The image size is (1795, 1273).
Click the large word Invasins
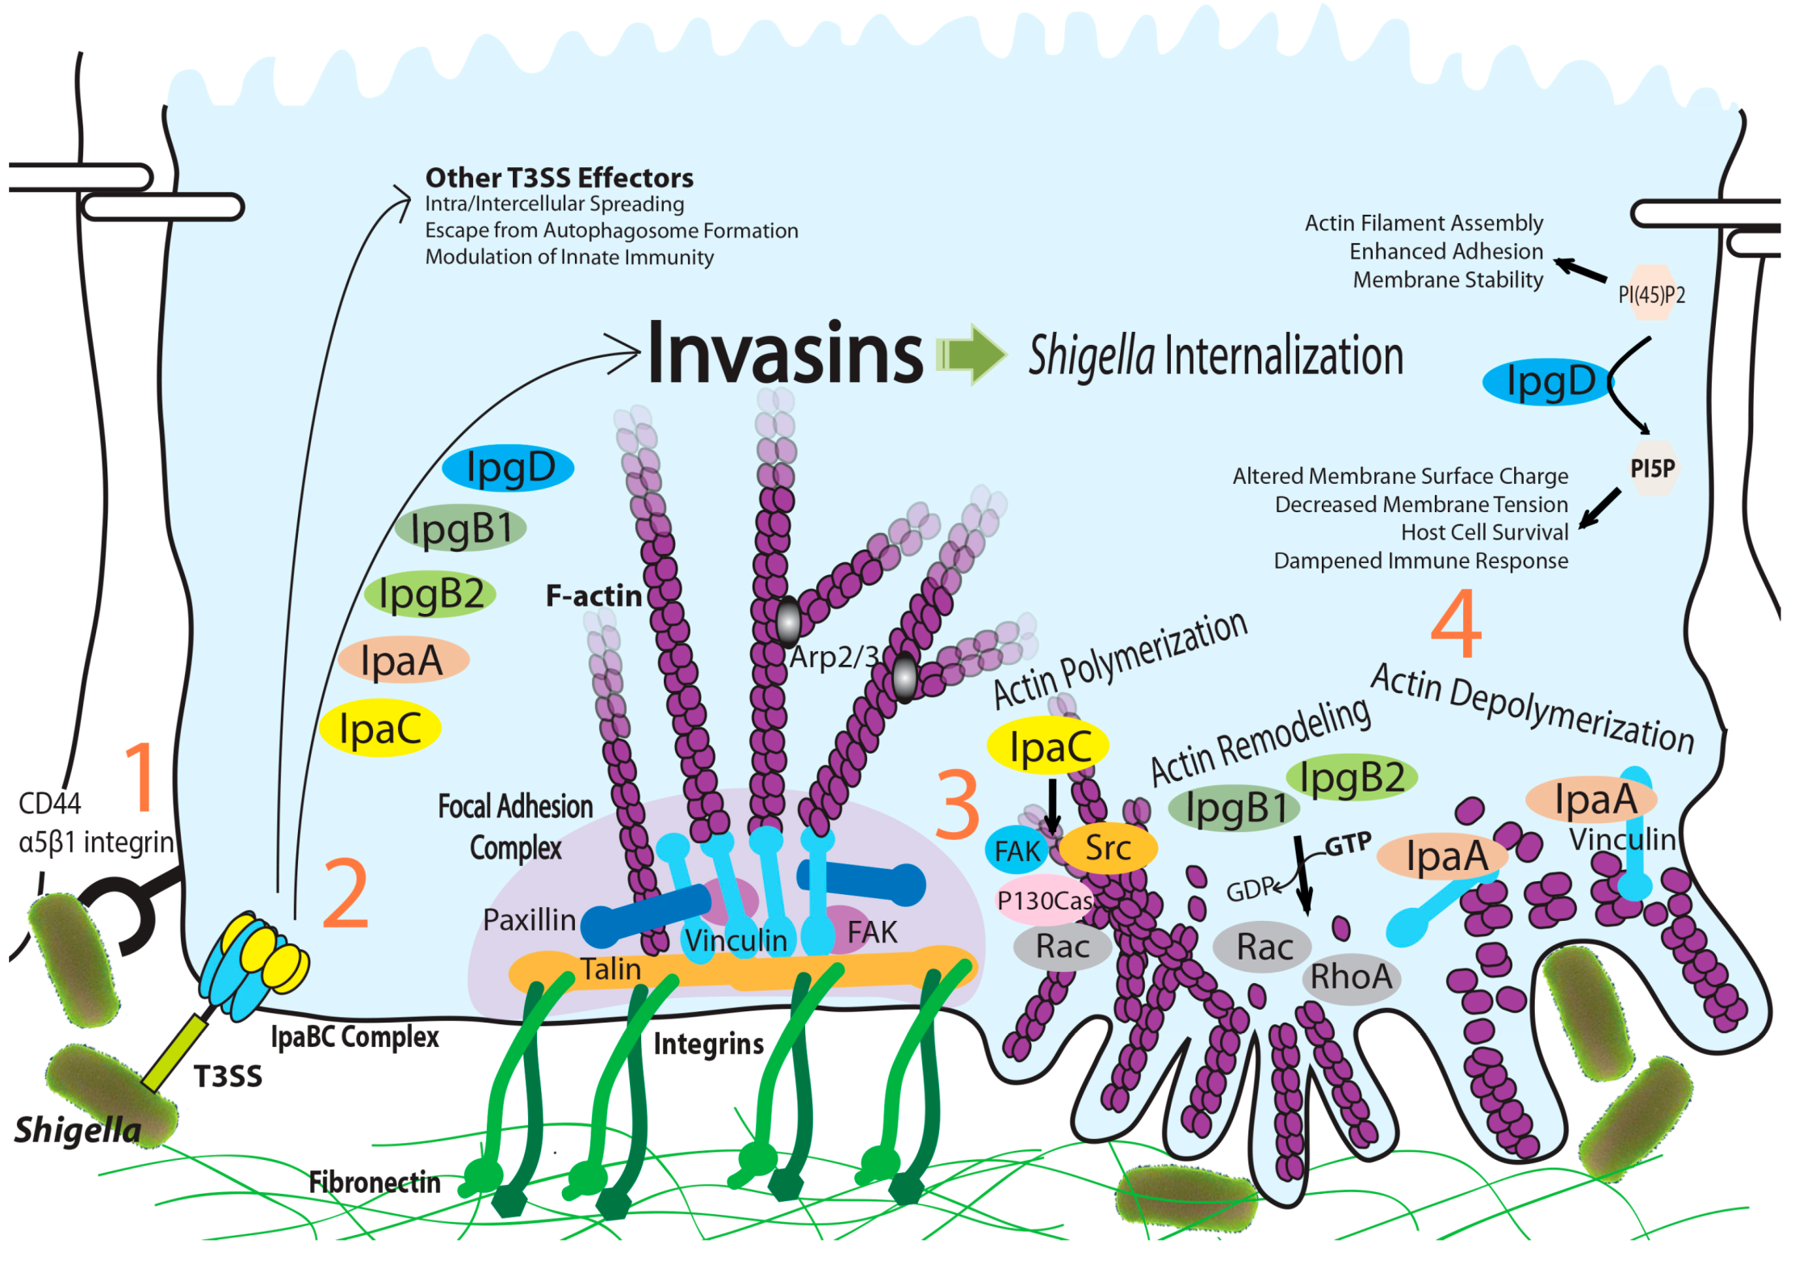point(784,354)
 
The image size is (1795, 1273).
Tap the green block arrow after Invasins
point(971,354)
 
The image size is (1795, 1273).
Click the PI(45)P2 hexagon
point(1651,293)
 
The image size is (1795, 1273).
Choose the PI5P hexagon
point(1652,468)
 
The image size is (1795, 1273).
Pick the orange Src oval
point(1108,848)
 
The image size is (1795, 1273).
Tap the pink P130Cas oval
point(1045,900)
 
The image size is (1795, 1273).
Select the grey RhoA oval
point(1351,977)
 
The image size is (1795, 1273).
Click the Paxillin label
point(529,920)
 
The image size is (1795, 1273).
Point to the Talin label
point(611,969)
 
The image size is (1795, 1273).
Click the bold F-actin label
point(593,596)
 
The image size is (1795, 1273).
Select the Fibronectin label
point(375,1183)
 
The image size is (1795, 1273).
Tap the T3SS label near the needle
point(228,1077)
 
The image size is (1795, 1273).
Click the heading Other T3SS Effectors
point(559,178)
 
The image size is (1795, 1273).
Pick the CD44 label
point(50,804)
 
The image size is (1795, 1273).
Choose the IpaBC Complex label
point(354,1037)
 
